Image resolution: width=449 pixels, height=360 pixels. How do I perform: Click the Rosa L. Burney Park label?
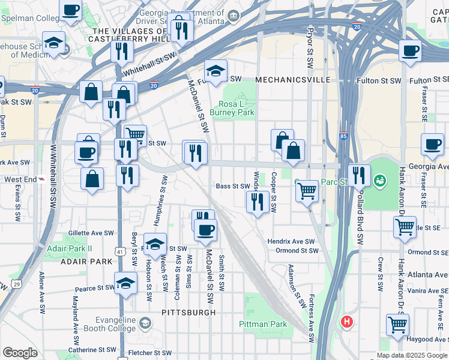tap(236, 108)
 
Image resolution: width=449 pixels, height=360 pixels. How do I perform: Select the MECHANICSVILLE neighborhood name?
tap(292, 79)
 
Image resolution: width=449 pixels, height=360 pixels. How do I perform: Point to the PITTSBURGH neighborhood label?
tap(188, 313)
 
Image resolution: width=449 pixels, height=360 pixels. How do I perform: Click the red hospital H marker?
tap(346, 322)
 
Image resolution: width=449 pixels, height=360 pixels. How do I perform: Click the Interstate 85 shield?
tap(343, 137)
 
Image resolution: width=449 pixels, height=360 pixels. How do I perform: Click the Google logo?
tap(20, 352)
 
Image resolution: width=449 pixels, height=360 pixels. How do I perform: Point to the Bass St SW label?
tap(232, 187)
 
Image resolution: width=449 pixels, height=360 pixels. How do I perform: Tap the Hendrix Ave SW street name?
tap(292, 241)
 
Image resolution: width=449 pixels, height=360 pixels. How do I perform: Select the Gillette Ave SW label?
tap(91, 232)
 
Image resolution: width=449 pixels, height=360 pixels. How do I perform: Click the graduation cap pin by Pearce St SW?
tap(125, 284)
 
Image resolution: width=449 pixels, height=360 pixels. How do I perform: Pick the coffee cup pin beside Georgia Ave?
tap(432, 145)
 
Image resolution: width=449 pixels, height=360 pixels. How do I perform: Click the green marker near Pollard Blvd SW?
tap(379, 179)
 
